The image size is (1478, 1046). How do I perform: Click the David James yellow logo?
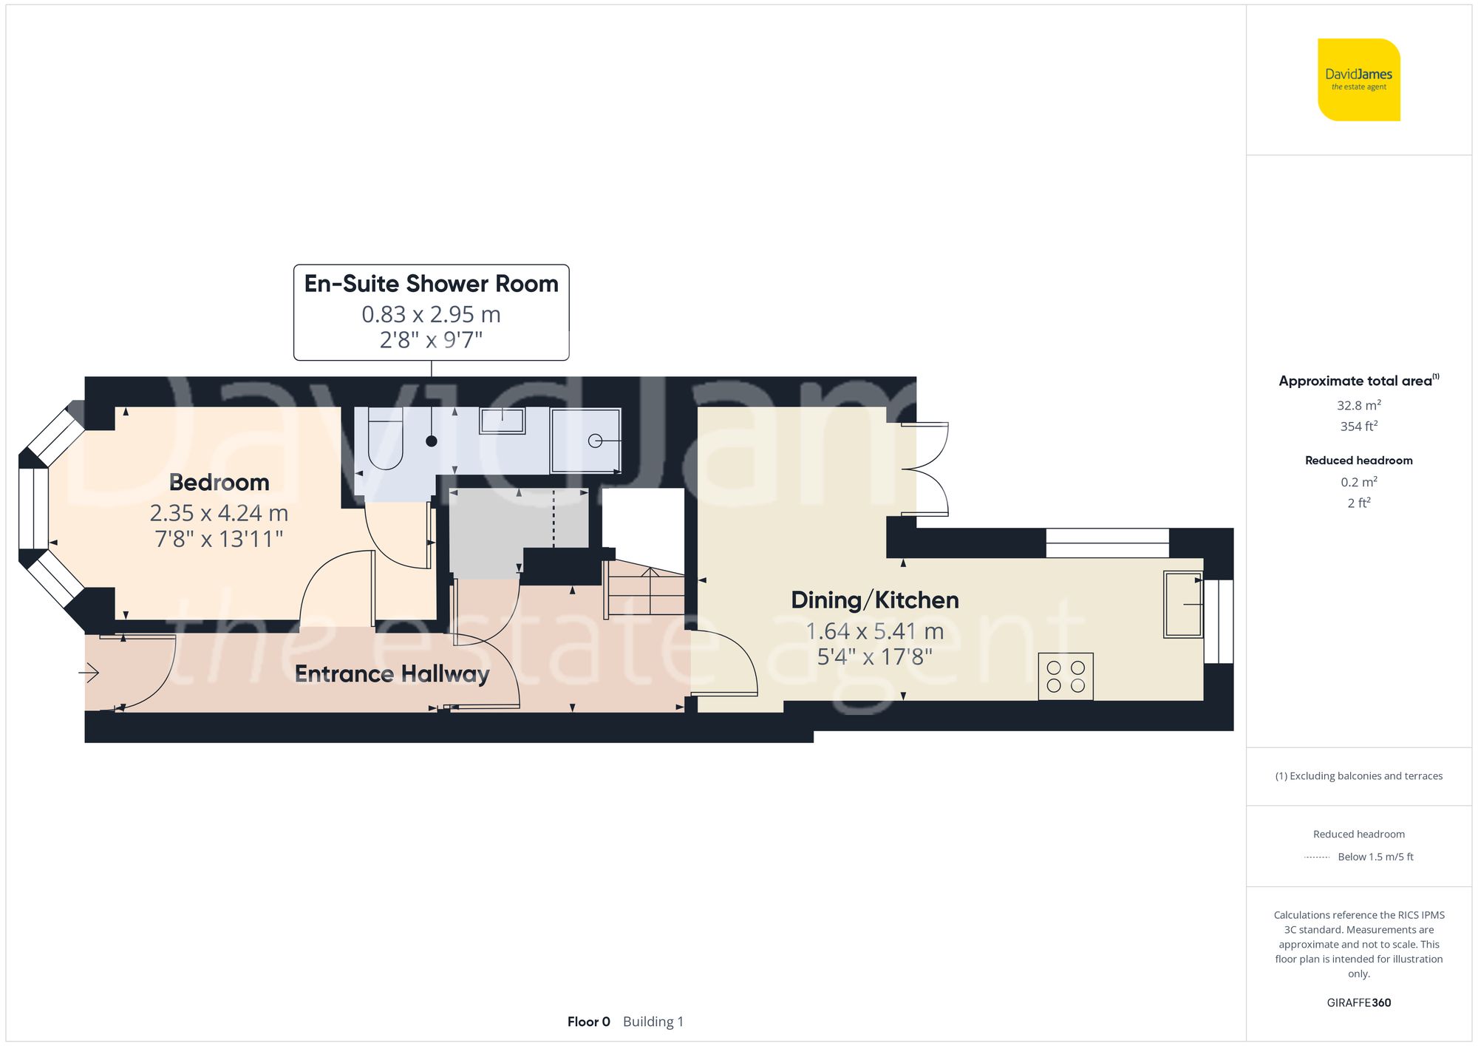point(1358,80)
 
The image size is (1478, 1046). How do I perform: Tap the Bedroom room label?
point(219,483)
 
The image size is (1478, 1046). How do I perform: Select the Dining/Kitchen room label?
point(875,600)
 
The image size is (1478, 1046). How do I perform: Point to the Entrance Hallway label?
point(392,674)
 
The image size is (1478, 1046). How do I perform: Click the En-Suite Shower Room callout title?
point(431,284)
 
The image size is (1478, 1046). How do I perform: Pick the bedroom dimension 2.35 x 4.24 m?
point(219,513)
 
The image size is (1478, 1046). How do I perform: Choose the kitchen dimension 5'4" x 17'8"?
point(875,656)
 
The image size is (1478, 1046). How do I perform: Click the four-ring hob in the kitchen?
point(1066,676)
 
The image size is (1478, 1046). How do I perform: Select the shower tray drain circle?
point(595,441)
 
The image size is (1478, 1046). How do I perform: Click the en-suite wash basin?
point(503,421)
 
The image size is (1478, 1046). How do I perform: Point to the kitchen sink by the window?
point(1182,604)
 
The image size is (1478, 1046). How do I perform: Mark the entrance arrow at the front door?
point(89,673)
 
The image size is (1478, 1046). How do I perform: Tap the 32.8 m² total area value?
point(1358,405)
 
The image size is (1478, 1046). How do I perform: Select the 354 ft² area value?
point(1358,427)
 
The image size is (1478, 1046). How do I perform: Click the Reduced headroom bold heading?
point(1358,461)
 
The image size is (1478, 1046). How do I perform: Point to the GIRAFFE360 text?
point(1358,1003)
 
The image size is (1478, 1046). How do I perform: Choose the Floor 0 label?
point(588,1022)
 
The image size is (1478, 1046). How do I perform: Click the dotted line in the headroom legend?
point(1317,857)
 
